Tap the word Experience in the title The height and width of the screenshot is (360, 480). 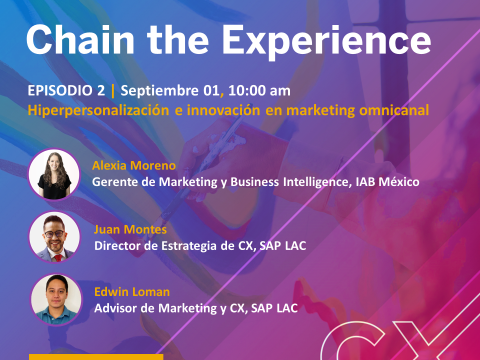(326, 42)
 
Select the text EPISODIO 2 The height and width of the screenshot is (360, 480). (66, 90)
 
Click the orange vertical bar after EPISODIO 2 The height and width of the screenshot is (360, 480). (113, 91)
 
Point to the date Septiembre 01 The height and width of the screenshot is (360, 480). (170, 91)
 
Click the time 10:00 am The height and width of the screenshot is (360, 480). (259, 90)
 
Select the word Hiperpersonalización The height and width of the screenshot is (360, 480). (98, 110)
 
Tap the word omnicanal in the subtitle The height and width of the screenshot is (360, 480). (394, 110)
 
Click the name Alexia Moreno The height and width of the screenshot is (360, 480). (134, 165)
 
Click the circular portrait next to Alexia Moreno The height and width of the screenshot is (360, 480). (54, 174)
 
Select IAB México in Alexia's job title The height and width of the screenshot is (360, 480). (387, 182)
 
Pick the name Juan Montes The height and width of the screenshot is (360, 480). (130, 229)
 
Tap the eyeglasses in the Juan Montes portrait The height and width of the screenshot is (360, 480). (54, 234)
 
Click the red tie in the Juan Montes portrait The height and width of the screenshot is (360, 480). (58, 257)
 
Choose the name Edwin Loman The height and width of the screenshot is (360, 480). (132, 291)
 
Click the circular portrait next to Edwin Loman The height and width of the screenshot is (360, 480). (56, 299)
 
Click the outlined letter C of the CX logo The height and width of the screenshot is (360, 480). (352, 341)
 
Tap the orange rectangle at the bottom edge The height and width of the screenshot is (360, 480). (96, 357)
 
